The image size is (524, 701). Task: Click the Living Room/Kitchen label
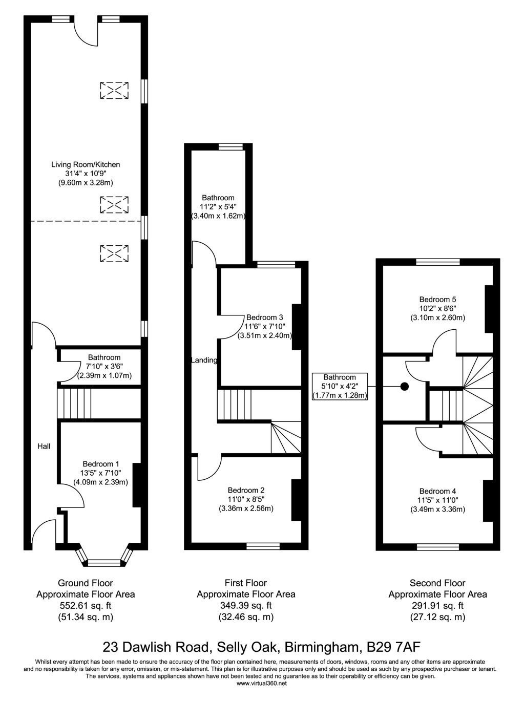pos(86,164)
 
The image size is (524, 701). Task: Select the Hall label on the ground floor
pos(44,446)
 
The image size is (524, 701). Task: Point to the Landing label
pos(204,360)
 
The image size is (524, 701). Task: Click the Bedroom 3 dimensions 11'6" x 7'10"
pos(264,326)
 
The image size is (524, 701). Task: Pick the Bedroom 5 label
pos(437,299)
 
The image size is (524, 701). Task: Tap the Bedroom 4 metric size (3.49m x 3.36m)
pos(437,509)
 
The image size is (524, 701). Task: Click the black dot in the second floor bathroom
pos(405,387)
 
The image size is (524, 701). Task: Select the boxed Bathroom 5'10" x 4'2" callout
pos(340,386)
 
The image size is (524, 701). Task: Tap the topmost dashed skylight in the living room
pos(114,90)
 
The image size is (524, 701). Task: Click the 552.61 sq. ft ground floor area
pos(86,605)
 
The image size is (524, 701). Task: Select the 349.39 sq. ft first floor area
pos(246,605)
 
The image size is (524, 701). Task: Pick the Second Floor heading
pos(437,583)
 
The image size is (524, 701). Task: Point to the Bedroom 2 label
pos(246,490)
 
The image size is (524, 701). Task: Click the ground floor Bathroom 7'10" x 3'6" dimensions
pos(104,366)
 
